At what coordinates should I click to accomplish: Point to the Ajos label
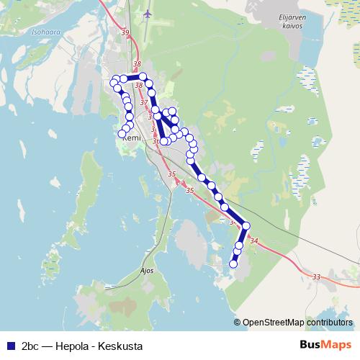coord(147,271)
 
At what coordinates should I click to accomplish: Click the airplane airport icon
coord(148,14)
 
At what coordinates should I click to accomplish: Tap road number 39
coord(125,34)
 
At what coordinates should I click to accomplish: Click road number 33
coord(317,276)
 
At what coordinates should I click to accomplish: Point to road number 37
coord(143,103)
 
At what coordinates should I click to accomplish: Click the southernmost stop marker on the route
coord(233,264)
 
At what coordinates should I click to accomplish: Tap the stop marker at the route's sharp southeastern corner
coord(246,226)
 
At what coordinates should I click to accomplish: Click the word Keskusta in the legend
coord(122,346)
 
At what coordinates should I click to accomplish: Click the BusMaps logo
coord(325,345)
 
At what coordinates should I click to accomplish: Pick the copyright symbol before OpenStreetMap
coord(238,323)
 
